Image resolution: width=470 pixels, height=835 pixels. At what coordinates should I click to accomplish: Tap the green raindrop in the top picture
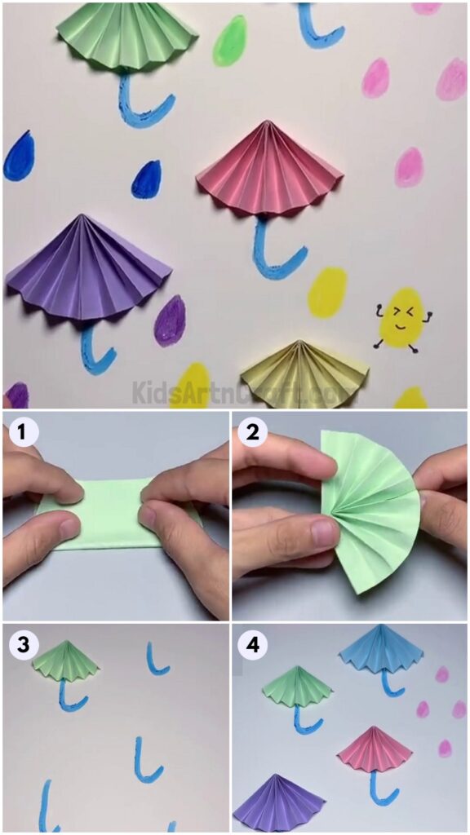click(230, 41)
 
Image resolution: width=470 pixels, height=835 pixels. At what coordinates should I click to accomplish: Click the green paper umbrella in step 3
click(67, 661)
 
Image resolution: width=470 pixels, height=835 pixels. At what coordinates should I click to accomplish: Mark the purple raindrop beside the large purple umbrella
click(169, 320)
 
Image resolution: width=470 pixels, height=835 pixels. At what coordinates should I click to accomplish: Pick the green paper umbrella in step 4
click(299, 687)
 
